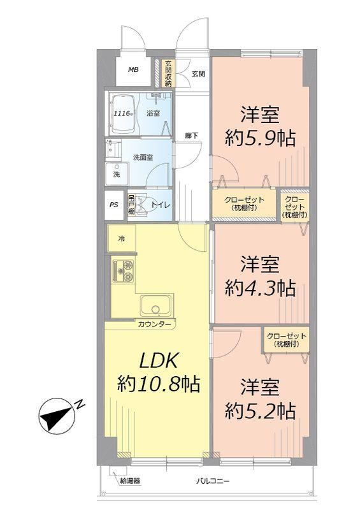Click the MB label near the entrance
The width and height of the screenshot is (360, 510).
click(x=133, y=70)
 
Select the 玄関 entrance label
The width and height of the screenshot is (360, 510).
click(x=198, y=74)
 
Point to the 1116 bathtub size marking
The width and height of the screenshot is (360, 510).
click(x=122, y=113)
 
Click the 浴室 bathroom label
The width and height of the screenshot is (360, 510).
click(x=153, y=113)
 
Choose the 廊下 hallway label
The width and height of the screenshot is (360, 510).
click(x=191, y=135)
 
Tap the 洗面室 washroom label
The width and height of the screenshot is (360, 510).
click(x=142, y=156)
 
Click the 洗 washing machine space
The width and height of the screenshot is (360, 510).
click(x=117, y=174)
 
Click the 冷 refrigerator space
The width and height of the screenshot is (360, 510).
click(x=120, y=239)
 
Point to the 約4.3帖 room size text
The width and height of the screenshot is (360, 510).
click(x=260, y=288)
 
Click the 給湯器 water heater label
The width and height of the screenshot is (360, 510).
click(x=129, y=481)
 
